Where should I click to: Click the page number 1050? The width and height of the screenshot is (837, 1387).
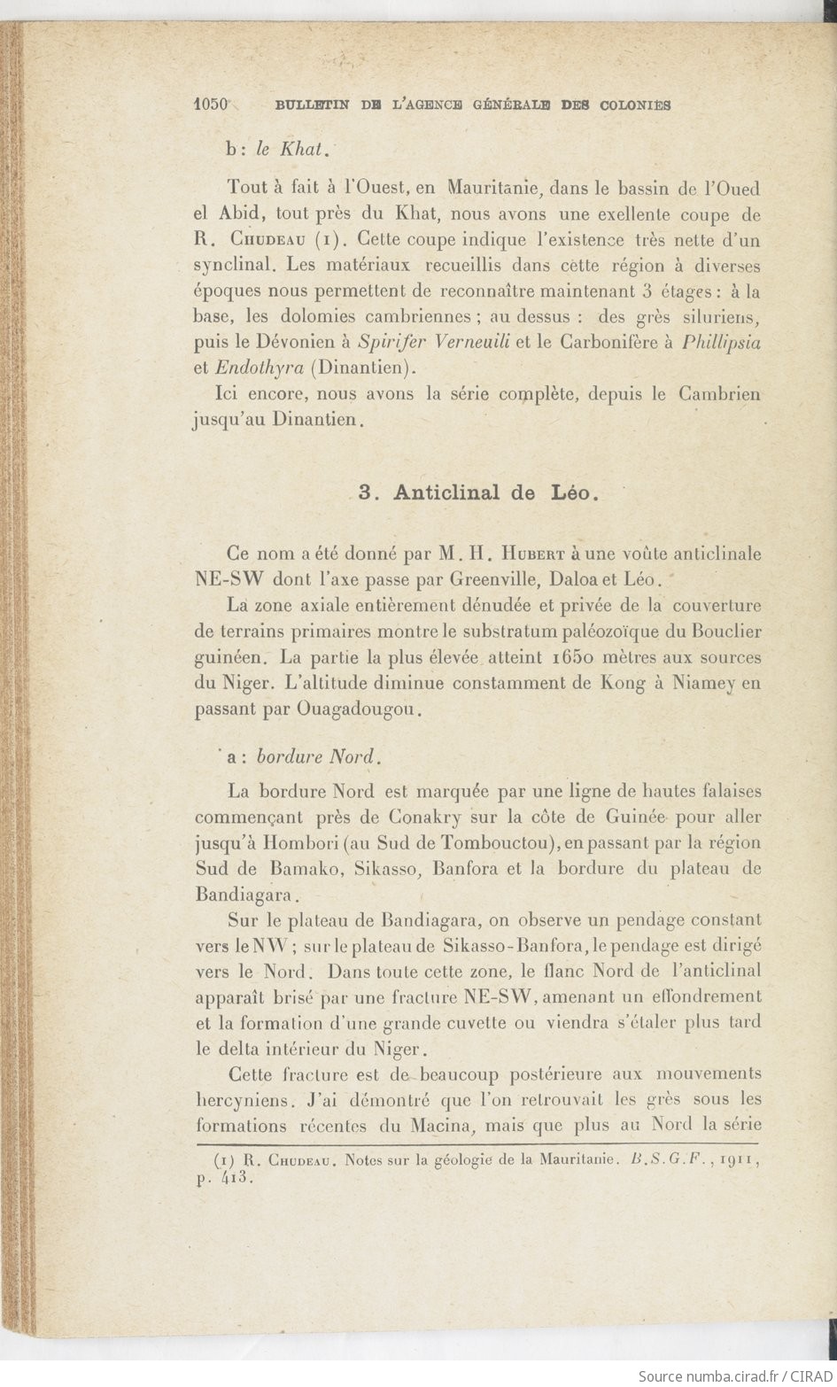pos(212,104)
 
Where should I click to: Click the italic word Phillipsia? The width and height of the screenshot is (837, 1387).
pos(722,342)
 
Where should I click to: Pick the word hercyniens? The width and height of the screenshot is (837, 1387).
pos(245,1102)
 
